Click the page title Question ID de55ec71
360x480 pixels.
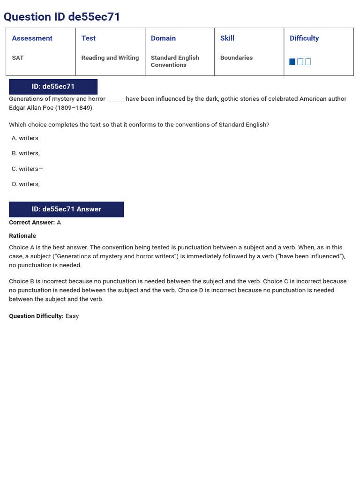62,17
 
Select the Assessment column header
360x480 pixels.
32,38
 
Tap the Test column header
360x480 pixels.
88,38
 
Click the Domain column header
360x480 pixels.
163,38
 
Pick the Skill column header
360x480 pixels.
227,38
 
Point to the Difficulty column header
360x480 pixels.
304,38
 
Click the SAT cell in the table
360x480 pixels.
18,58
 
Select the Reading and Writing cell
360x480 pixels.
110,58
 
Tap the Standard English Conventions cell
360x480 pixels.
175,61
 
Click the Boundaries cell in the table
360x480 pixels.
236,58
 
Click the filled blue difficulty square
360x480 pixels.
292,62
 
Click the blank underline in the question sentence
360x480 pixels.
115,99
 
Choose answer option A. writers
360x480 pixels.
25,138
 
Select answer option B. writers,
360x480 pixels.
26,153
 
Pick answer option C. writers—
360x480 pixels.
27,169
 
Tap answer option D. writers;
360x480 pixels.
26,184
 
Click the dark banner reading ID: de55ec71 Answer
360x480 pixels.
67,210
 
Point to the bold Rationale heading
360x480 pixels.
22,236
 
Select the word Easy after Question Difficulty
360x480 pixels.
72,316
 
